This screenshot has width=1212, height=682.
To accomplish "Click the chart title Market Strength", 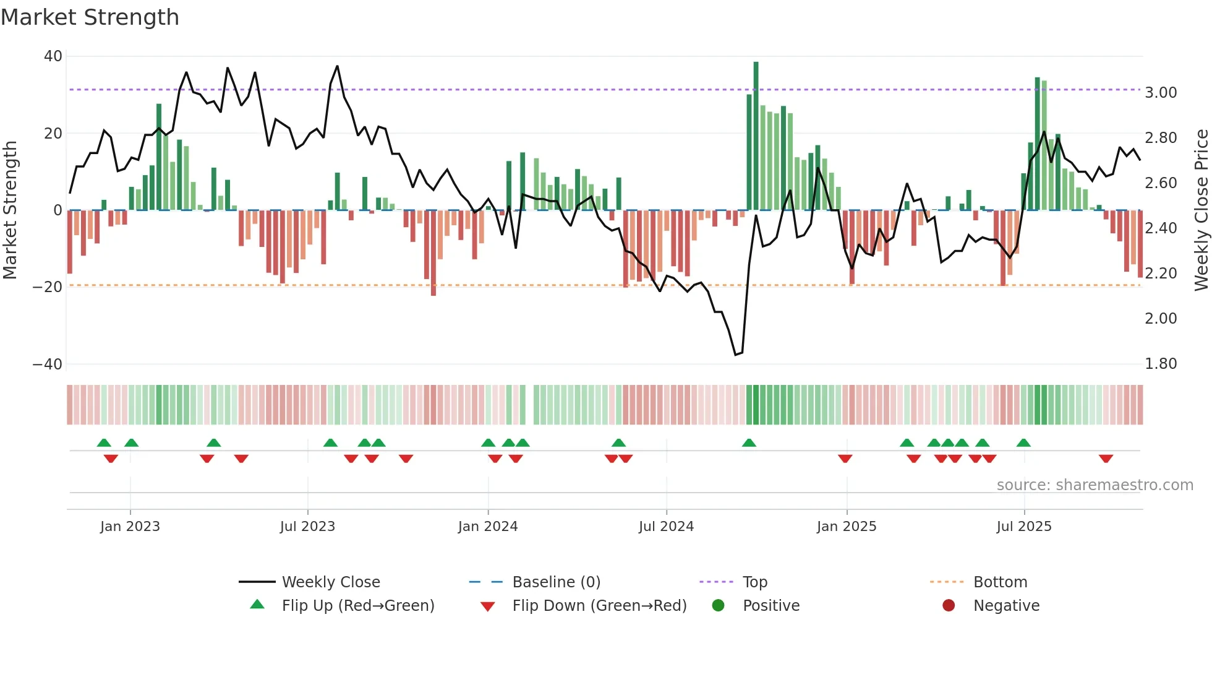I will pyautogui.click(x=90, y=17).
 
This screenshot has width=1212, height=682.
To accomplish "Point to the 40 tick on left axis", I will pyautogui.click(x=53, y=56).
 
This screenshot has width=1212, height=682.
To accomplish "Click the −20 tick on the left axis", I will pyautogui.click(x=47, y=287).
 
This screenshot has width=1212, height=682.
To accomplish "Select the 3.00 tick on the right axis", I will pyautogui.click(x=1161, y=93).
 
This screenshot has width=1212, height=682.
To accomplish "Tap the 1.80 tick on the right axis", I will pyautogui.click(x=1161, y=364).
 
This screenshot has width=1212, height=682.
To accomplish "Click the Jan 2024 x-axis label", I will pyautogui.click(x=487, y=527).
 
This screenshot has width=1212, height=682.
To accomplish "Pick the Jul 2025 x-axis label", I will pyautogui.click(x=1023, y=527).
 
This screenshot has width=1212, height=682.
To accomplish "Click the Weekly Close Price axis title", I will pyautogui.click(x=1201, y=210).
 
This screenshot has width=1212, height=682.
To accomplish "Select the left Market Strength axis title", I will pyautogui.click(x=10, y=210).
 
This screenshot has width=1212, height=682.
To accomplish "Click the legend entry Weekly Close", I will pyautogui.click(x=331, y=582).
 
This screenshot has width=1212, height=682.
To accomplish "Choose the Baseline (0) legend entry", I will pyautogui.click(x=556, y=582).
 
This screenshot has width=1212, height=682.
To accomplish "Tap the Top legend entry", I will pyautogui.click(x=754, y=582).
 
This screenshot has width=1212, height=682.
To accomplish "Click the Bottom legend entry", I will pyautogui.click(x=1000, y=582).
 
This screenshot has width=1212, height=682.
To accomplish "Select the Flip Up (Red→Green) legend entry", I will pyautogui.click(x=357, y=606).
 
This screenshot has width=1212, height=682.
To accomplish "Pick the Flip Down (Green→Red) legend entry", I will pyautogui.click(x=599, y=606).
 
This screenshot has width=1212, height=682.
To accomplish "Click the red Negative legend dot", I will pyautogui.click(x=949, y=606).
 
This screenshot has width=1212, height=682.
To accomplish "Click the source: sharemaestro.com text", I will pyautogui.click(x=1095, y=485).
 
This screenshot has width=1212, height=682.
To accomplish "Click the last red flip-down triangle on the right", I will pyautogui.click(x=1106, y=459).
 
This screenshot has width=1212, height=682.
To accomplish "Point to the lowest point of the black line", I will pyautogui.click(x=735, y=355).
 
